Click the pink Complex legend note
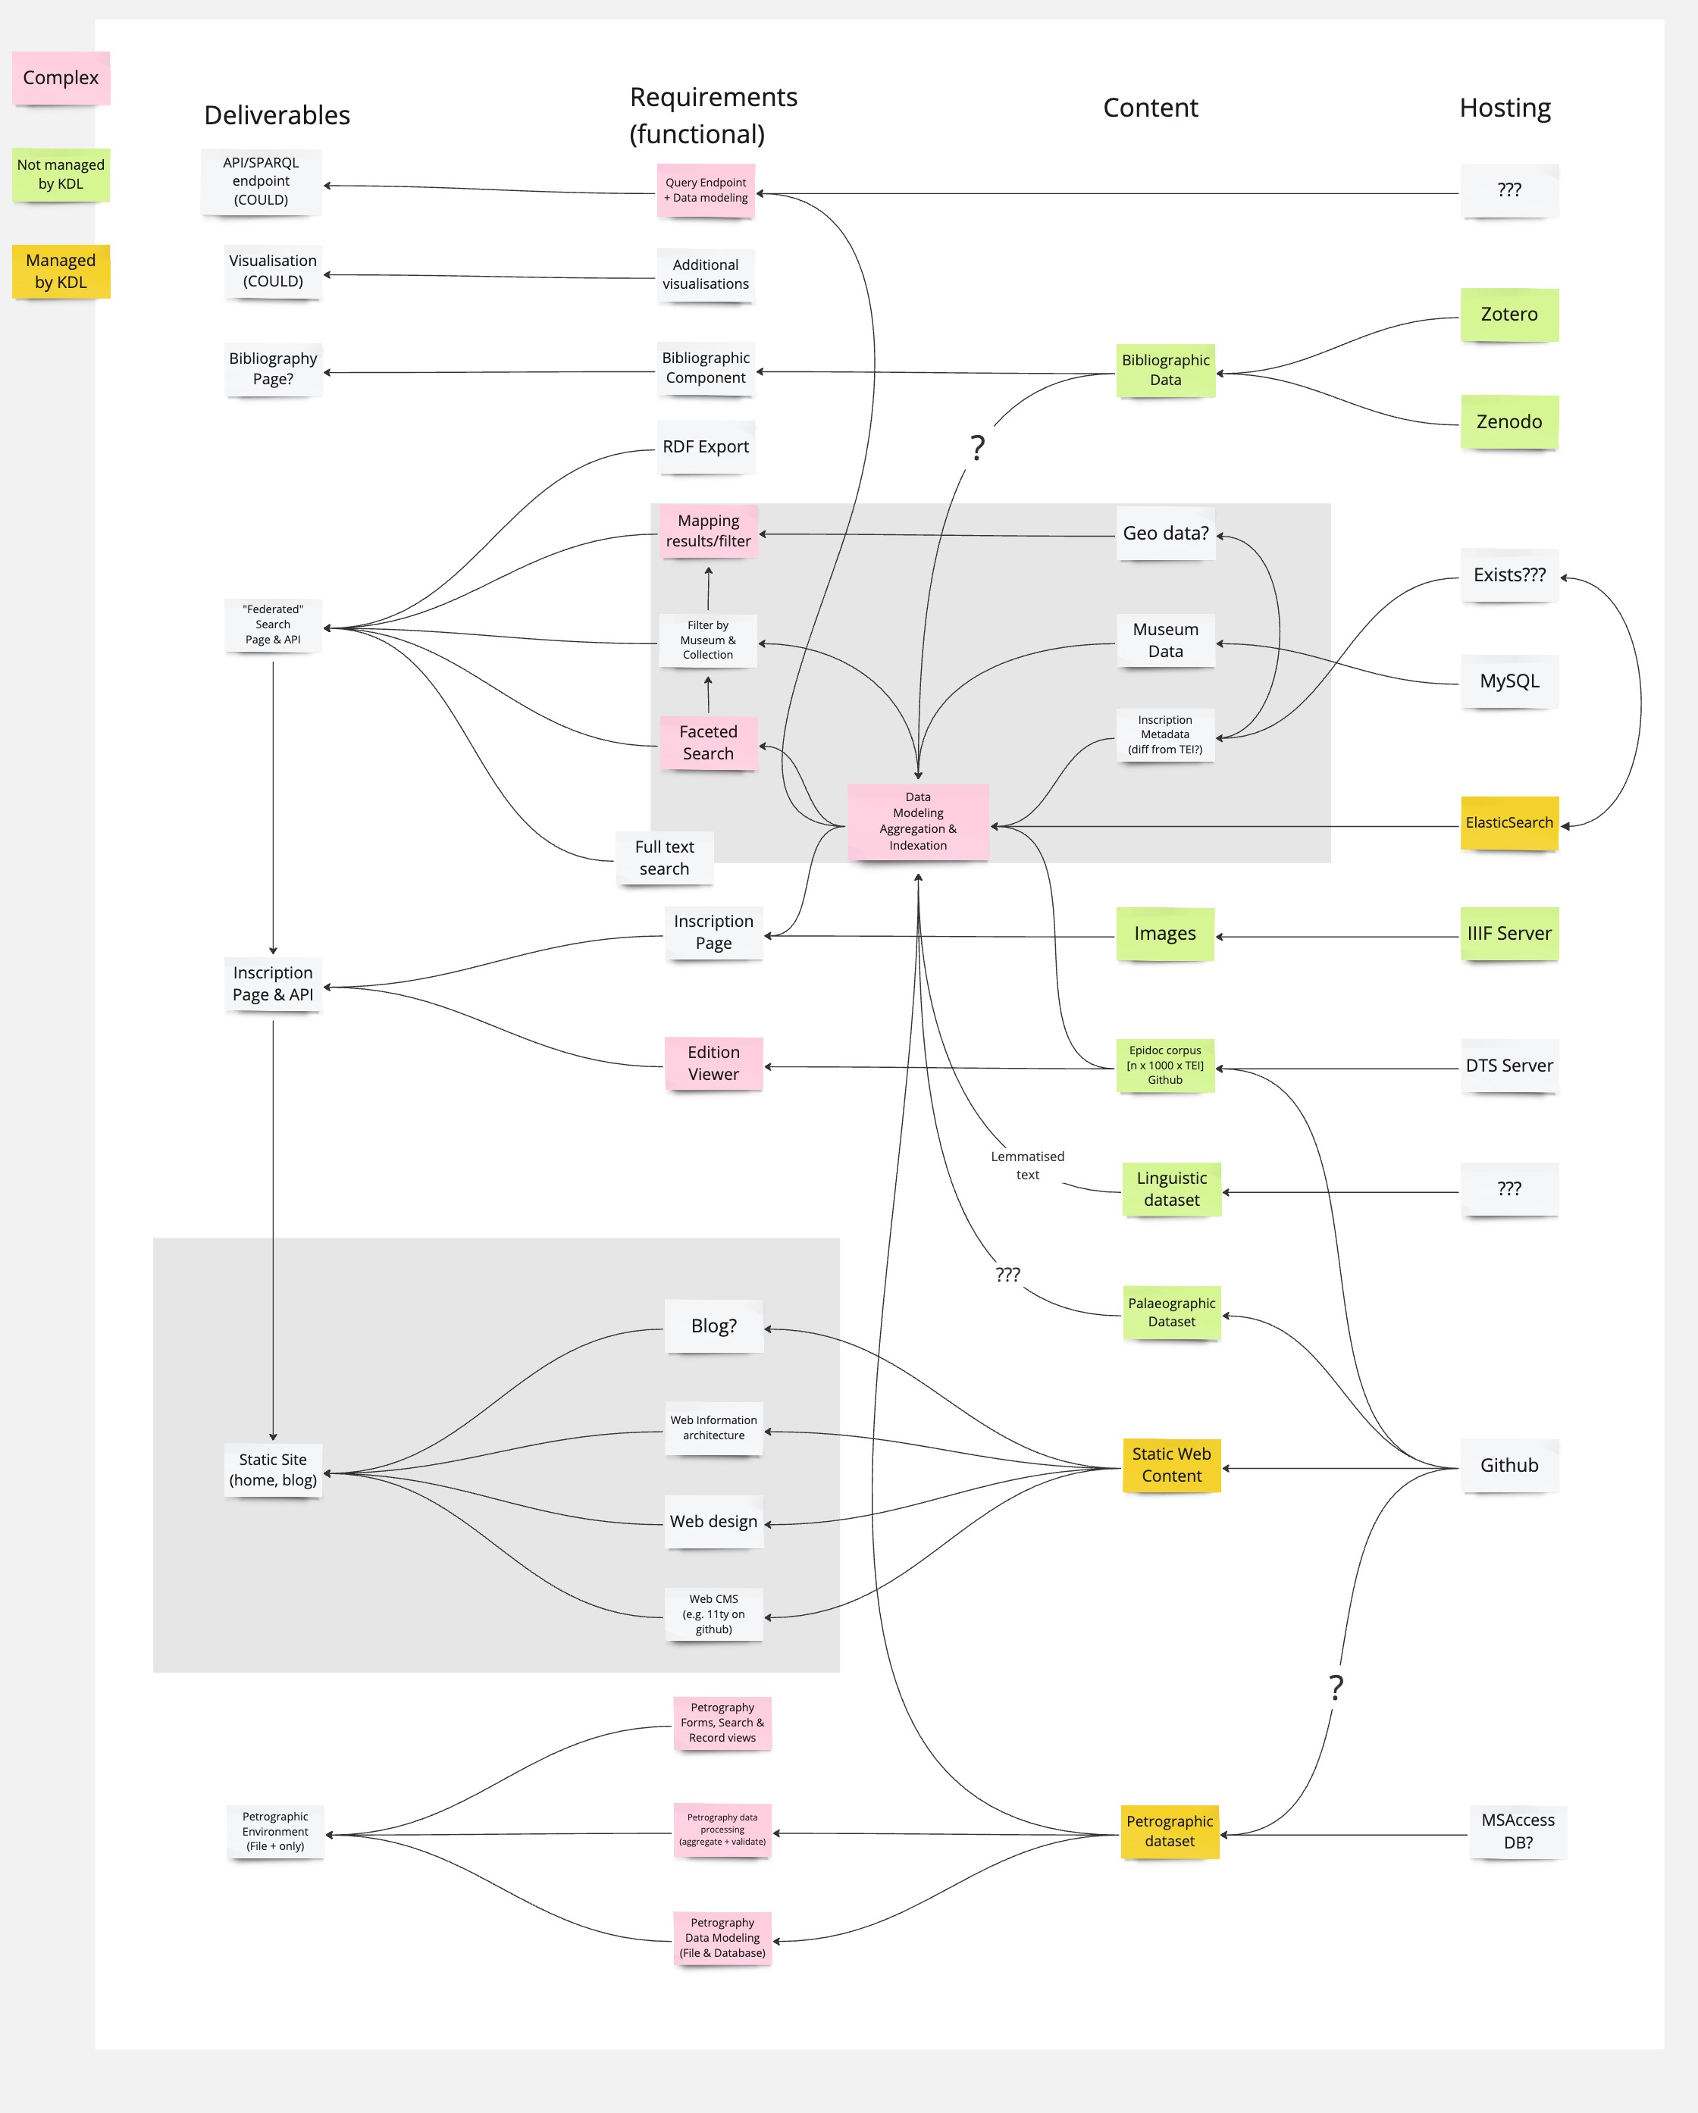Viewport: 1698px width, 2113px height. [x=61, y=78]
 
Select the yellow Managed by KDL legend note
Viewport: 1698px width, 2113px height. [x=61, y=271]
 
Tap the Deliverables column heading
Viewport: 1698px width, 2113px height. [x=277, y=116]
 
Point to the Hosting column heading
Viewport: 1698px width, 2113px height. [x=1505, y=108]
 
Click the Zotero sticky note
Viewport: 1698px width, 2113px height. [x=1508, y=315]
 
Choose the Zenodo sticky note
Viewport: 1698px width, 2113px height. [x=1508, y=421]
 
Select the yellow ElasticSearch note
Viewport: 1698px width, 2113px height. [x=1508, y=823]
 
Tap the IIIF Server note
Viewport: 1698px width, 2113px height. [x=1508, y=934]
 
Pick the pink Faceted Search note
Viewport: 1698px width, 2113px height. [x=708, y=743]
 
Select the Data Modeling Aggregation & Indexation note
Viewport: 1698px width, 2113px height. [x=918, y=822]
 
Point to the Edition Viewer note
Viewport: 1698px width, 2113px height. [x=713, y=1063]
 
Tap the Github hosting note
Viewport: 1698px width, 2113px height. [x=1508, y=1465]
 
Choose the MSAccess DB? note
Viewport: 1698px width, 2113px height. [x=1518, y=1831]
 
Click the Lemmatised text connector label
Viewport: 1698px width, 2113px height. [x=1027, y=1166]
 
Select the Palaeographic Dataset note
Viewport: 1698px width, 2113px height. [x=1171, y=1313]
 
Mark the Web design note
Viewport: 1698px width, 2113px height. [x=714, y=1521]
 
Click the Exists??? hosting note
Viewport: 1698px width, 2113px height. [x=1508, y=575]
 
